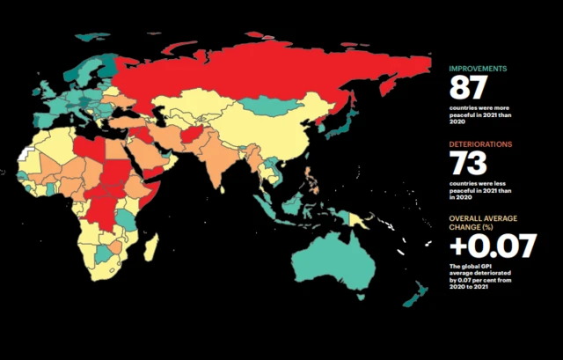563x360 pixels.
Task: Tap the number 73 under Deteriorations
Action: click(x=469, y=164)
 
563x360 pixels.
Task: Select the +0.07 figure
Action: click(x=492, y=246)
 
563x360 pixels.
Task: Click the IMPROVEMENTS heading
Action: click(x=479, y=69)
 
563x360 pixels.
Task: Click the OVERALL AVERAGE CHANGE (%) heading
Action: click(x=483, y=221)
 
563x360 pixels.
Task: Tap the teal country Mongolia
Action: click(x=268, y=106)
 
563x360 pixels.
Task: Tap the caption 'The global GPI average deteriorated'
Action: click(x=485, y=272)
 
